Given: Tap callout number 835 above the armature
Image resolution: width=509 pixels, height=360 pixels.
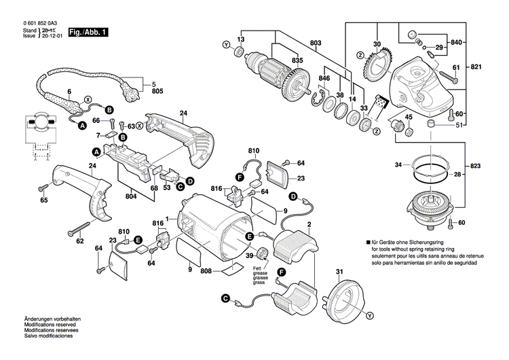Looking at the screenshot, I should (297, 60).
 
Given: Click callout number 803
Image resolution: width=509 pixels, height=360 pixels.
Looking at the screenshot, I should (316, 43).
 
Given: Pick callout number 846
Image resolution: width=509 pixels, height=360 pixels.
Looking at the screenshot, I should (324, 79).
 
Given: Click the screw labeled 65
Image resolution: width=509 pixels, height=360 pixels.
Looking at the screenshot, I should (44, 186).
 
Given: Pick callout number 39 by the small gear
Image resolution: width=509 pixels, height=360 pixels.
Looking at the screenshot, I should (249, 255).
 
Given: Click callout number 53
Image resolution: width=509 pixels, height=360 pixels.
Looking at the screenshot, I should (167, 187).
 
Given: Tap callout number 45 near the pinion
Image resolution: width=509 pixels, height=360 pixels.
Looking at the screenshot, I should (409, 117).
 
